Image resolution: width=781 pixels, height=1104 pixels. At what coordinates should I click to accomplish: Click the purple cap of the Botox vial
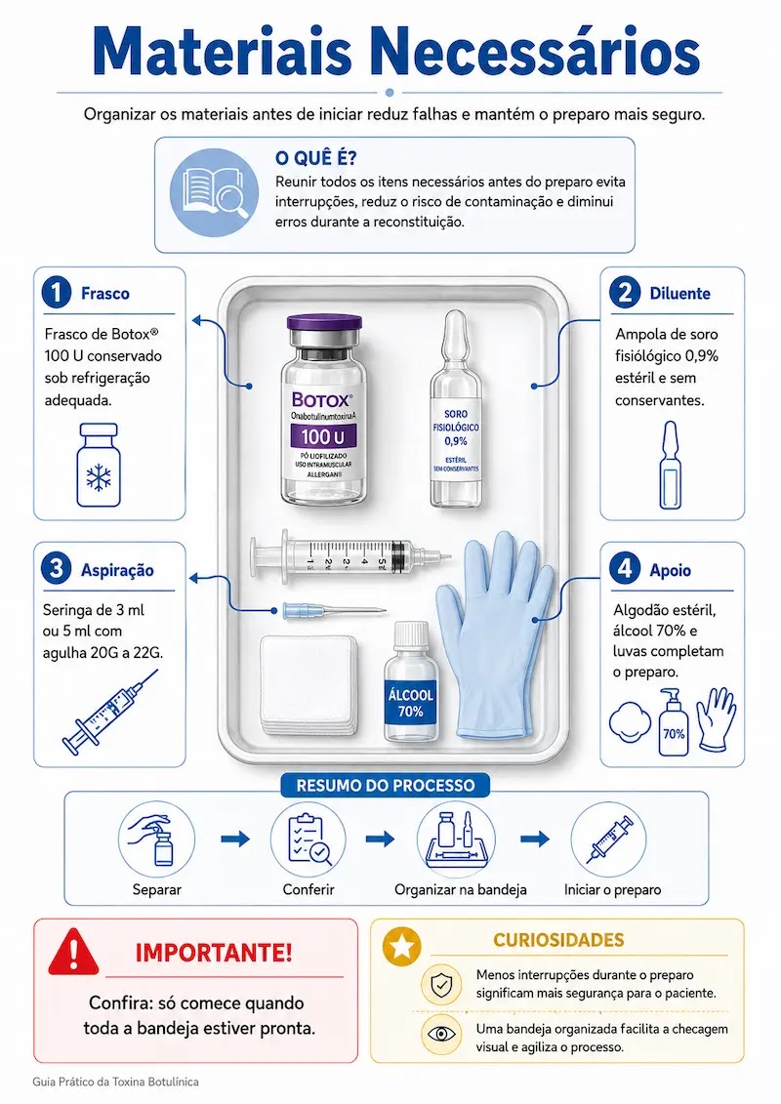pyautogui.click(x=324, y=327)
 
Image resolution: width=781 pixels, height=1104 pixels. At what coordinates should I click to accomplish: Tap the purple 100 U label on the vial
pyautogui.click(x=324, y=436)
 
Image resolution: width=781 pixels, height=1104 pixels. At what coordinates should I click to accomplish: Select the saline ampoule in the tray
pyautogui.click(x=456, y=408)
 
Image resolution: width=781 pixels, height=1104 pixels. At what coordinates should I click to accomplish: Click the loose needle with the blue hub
pyautogui.click(x=334, y=610)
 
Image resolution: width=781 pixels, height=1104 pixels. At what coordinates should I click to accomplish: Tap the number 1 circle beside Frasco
pyautogui.click(x=57, y=293)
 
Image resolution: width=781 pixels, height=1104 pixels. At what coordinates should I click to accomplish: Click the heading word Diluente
pyautogui.click(x=679, y=294)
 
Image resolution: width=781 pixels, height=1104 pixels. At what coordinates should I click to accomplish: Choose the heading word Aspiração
pyautogui.click(x=117, y=570)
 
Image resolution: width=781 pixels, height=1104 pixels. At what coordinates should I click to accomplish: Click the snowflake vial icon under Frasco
pyautogui.click(x=99, y=465)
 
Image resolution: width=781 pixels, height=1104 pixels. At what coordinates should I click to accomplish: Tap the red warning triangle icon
pyautogui.click(x=74, y=952)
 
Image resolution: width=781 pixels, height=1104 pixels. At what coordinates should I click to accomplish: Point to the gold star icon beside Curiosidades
pyautogui.click(x=401, y=946)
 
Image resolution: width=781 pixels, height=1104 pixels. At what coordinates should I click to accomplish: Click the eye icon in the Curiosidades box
pyautogui.click(x=441, y=1035)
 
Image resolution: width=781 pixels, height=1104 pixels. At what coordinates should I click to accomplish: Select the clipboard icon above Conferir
pyautogui.click(x=308, y=838)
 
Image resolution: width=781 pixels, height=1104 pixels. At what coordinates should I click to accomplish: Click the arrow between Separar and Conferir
pyautogui.click(x=235, y=838)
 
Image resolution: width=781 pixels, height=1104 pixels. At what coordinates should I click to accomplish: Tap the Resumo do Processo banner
pyautogui.click(x=386, y=785)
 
